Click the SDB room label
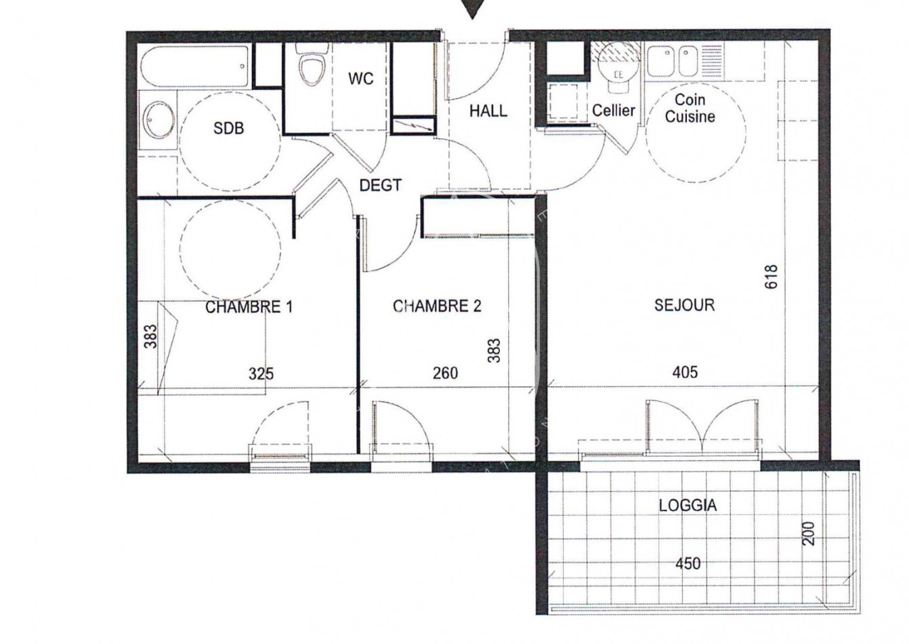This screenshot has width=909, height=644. click(x=228, y=128)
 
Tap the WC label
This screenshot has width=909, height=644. click(x=360, y=79)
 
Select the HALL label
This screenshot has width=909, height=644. click(x=488, y=110)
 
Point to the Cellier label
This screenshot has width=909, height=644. click(x=613, y=110)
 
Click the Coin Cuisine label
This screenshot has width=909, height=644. click(x=690, y=108)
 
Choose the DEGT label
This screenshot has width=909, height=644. click(x=380, y=185)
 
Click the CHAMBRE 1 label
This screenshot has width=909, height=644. click(x=249, y=307)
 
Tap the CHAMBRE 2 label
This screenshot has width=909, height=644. click(x=437, y=306)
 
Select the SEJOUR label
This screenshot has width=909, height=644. click(x=684, y=305)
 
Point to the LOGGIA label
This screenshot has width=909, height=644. click(x=688, y=505)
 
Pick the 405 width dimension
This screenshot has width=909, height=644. click(x=685, y=371)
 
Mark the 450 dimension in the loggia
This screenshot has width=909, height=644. click(x=688, y=563)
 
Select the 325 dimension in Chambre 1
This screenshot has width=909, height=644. click(x=261, y=373)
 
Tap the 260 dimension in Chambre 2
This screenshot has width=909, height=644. click(x=445, y=373)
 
